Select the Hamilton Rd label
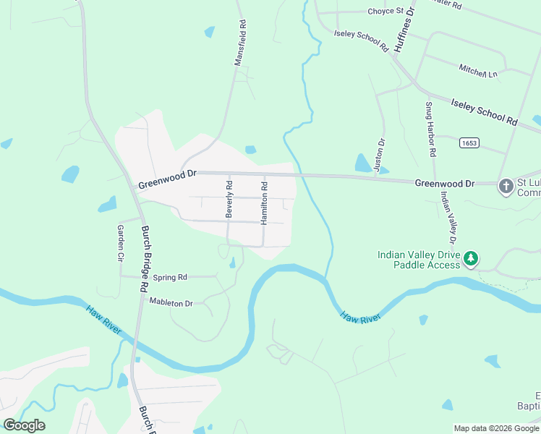(x=265, y=205)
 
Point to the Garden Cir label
(x=121, y=242)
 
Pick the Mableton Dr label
(x=171, y=303)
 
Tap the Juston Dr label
(x=381, y=155)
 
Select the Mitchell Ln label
(x=478, y=71)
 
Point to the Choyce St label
(x=385, y=12)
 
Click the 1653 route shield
(x=468, y=143)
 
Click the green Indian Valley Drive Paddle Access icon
(x=472, y=258)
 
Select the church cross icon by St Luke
(x=506, y=187)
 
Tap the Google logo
(x=25, y=425)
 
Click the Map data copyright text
(x=496, y=428)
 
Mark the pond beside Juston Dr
(x=362, y=163)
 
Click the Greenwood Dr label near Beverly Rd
(x=167, y=174)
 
